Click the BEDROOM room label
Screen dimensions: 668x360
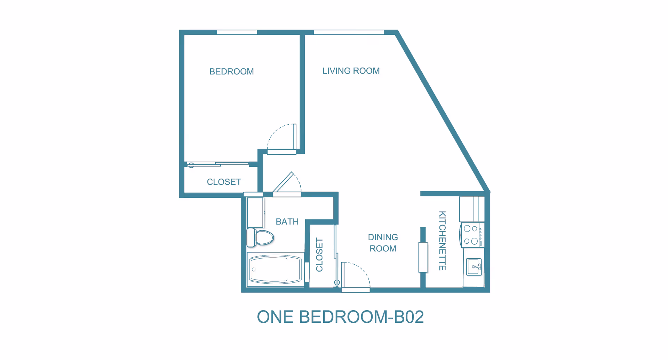[231, 72]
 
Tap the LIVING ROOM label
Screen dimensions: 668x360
[351, 71]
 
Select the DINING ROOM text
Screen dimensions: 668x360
[383, 243]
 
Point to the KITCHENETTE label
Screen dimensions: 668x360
[442, 241]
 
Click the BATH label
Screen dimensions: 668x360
[287, 222]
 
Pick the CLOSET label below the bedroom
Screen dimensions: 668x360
[224, 182]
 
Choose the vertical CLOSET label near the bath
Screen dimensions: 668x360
[319, 255]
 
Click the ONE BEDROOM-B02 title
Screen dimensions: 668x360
[340, 317]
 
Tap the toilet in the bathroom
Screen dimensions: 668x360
[260, 237]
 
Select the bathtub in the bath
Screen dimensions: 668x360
[275, 269]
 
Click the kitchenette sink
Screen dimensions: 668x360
[474, 267]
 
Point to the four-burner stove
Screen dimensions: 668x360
[472, 235]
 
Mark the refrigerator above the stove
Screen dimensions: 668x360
[472, 209]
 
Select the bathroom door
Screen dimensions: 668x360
[287, 183]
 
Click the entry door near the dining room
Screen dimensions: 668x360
[356, 277]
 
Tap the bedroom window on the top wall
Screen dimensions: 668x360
[237, 32]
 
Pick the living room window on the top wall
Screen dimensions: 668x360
[349, 32]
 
